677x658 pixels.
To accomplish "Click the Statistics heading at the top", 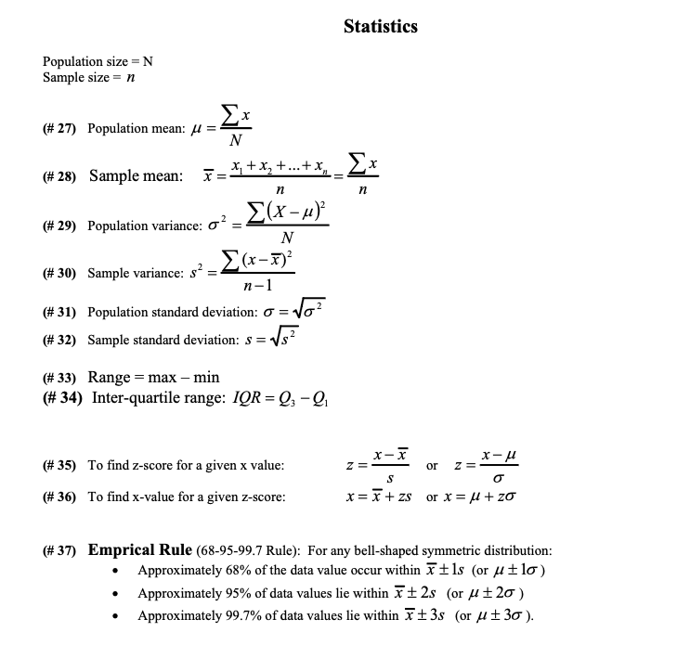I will (x=380, y=26).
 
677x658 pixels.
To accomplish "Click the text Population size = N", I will (x=98, y=61).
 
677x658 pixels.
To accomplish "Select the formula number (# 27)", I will (x=61, y=129).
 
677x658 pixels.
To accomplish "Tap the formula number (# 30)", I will (x=61, y=273).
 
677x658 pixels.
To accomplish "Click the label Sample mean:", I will (x=136, y=176).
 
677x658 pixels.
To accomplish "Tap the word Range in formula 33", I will (x=109, y=378).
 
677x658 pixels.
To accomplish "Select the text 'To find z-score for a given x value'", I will (x=186, y=465).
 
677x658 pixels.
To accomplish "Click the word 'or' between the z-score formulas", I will (x=432, y=465).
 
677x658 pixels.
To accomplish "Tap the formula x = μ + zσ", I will (x=478, y=497).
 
